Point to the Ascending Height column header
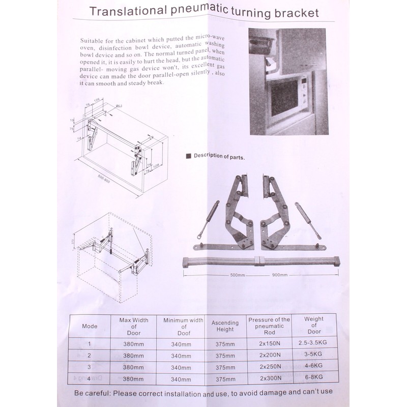click(x=225, y=326)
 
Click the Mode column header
click(x=90, y=326)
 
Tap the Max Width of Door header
click(x=134, y=326)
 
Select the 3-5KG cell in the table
click(x=313, y=355)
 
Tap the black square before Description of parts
click(x=188, y=156)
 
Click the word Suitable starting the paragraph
click(x=93, y=40)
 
